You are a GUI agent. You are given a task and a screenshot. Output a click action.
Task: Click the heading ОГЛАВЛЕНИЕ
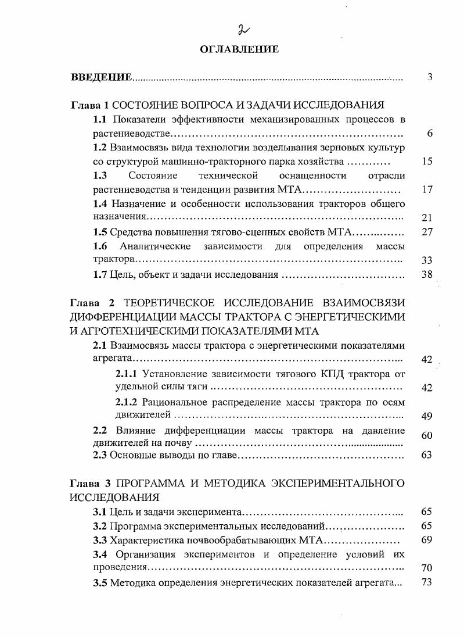pos(239,49)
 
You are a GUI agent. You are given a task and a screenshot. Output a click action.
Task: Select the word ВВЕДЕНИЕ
pos(101,77)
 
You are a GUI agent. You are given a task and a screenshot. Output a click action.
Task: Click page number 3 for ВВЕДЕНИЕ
pos(430,77)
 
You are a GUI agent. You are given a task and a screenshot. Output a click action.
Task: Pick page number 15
pos(427,162)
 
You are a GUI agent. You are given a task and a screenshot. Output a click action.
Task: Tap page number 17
pos(427,189)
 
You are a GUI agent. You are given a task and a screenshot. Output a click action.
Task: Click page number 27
pos(427,232)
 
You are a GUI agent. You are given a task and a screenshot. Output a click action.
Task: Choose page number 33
pos(427,260)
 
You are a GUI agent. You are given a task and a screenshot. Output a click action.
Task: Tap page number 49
pos(427,416)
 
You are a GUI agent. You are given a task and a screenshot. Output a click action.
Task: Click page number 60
pos(427,435)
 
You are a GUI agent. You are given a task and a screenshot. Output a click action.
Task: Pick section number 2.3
pos(100,455)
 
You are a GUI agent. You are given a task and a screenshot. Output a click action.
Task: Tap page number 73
pos(427,582)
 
